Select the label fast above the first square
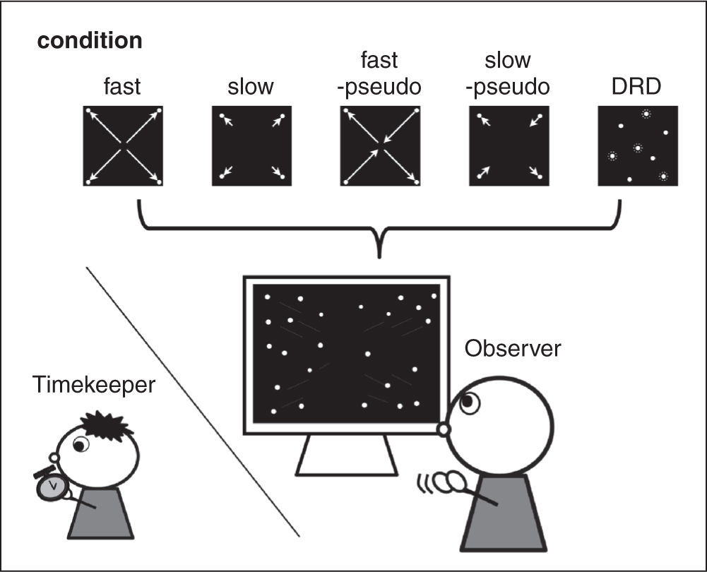tap(121, 87)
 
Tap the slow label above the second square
tap(251, 87)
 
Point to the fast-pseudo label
tap(379, 74)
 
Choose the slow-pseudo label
tap(509, 74)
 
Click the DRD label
tap(637, 87)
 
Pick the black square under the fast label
tap(123, 146)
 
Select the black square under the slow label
tap(251, 146)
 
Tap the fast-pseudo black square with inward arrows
tap(380, 146)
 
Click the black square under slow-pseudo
tap(509, 146)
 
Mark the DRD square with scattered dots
tap(638, 146)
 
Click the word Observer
tap(512, 348)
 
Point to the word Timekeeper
tap(93, 385)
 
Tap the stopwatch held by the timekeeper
tap(50, 487)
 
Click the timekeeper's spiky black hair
tap(106, 424)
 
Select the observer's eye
tap(470, 403)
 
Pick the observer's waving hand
tap(446, 482)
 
